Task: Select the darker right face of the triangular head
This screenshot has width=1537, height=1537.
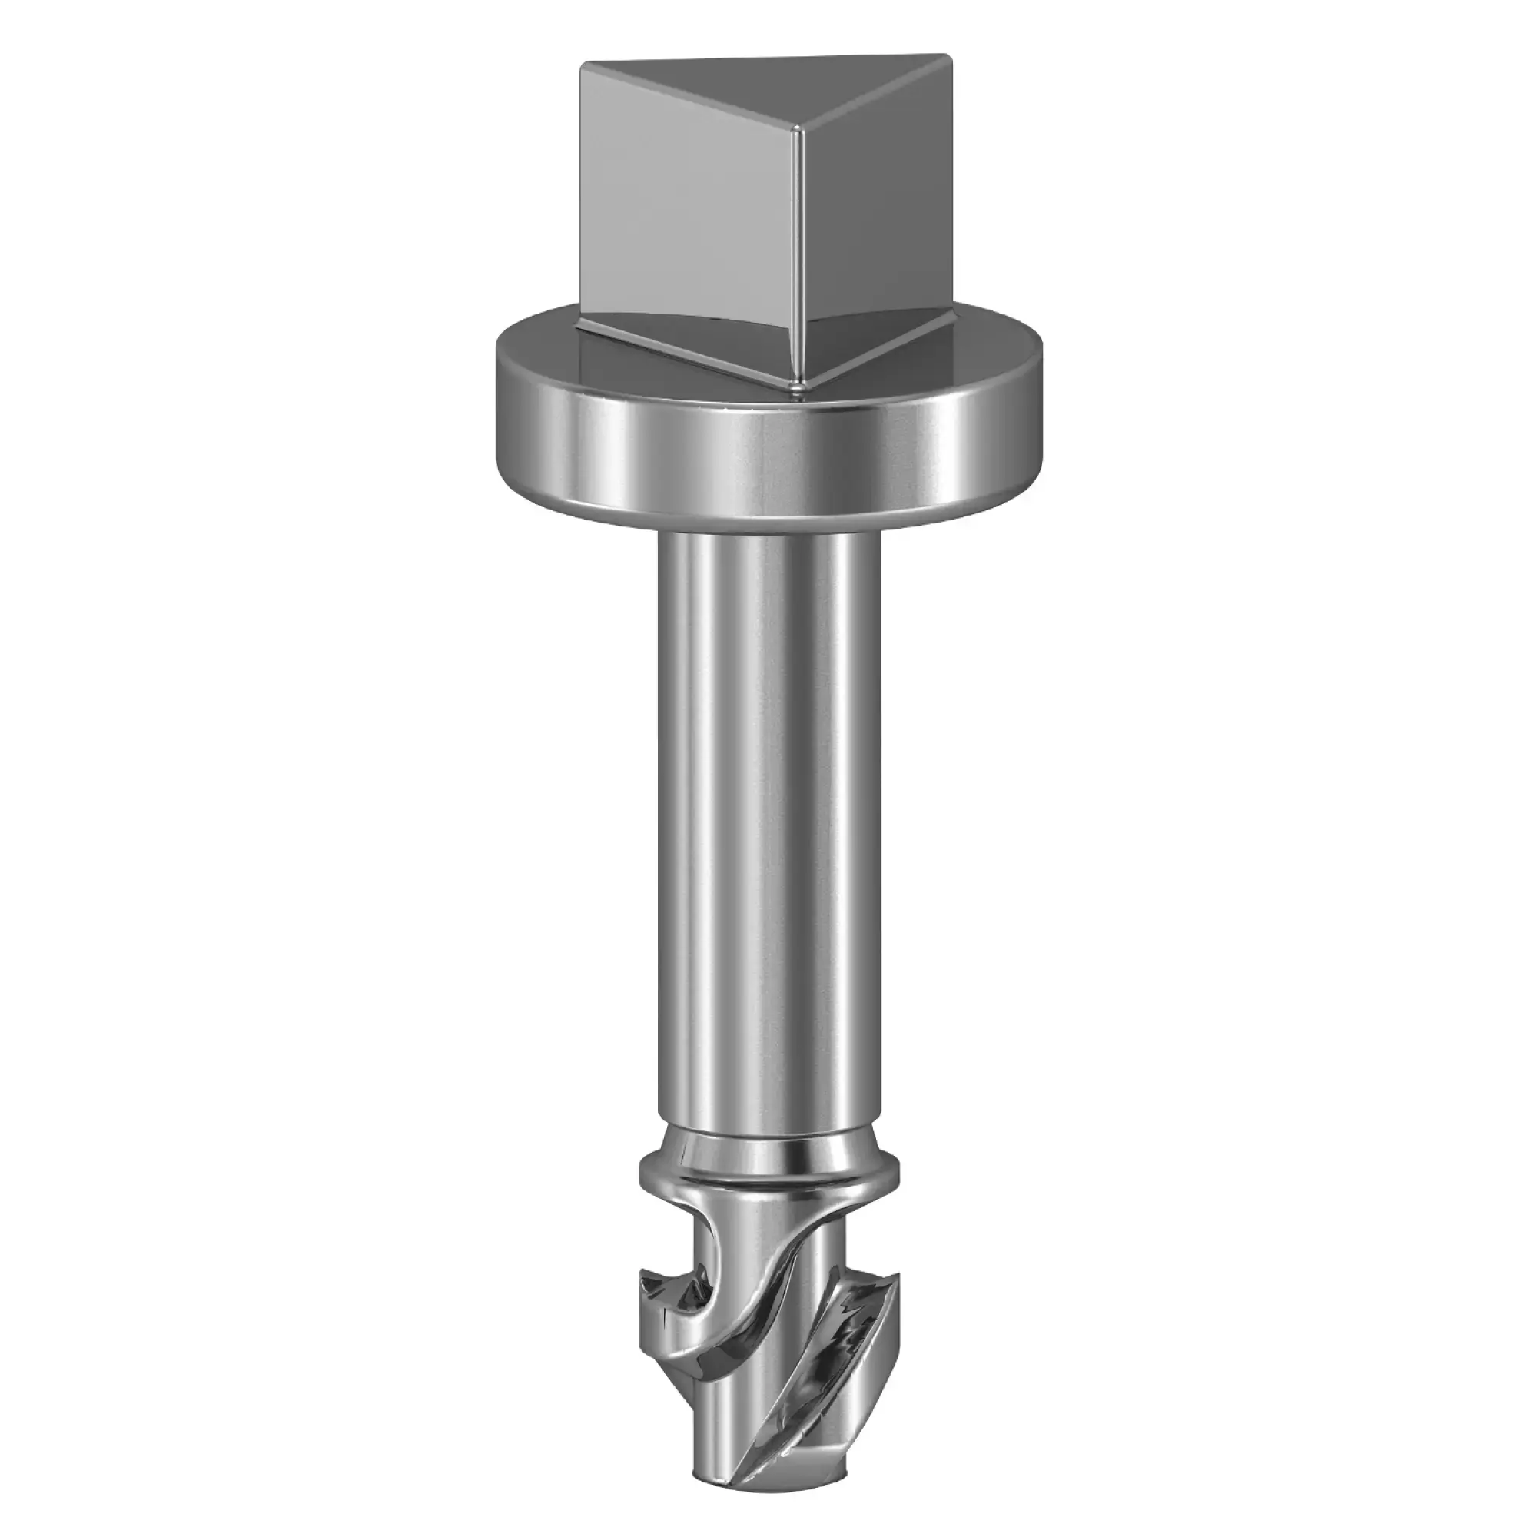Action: tap(875, 231)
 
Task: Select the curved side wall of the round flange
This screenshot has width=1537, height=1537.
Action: tap(764, 470)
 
